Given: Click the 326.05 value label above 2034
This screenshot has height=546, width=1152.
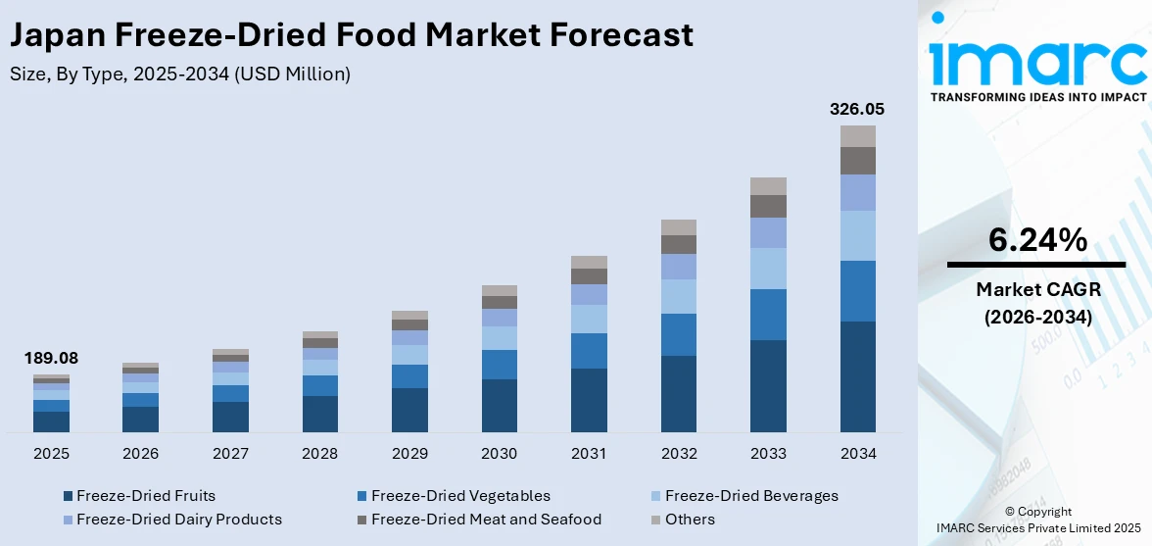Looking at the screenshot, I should [x=857, y=109].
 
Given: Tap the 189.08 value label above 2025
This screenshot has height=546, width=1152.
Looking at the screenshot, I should [x=51, y=359].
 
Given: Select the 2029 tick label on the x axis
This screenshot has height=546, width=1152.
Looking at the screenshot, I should [x=409, y=454].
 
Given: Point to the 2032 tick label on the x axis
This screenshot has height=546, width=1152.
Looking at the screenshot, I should [x=679, y=454].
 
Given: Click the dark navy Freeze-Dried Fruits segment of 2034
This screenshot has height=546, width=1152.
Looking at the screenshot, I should [x=858, y=376].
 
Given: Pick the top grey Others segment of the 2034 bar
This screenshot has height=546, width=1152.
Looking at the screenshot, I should [x=858, y=136].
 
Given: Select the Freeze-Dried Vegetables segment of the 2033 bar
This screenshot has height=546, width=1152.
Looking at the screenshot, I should [x=768, y=315].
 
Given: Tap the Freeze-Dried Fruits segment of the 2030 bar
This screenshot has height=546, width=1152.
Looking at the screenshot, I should [x=499, y=406].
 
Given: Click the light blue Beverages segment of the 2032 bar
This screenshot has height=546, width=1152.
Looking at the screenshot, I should [x=679, y=297].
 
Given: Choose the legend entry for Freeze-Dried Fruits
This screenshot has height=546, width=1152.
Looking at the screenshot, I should [x=138, y=496].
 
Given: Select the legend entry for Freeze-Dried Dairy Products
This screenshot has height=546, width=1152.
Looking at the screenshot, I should [x=171, y=520].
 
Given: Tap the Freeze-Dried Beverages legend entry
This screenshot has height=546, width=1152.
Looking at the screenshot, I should [x=744, y=496].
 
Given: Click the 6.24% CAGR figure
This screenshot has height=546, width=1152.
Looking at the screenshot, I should [x=1037, y=239].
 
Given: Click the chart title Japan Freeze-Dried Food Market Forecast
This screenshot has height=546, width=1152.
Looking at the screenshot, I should [x=352, y=35].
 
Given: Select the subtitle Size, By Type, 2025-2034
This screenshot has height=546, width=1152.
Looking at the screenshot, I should [x=179, y=74].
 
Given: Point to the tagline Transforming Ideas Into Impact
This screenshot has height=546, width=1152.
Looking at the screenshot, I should [x=1037, y=97].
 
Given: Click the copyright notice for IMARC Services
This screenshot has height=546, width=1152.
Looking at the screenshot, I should [x=1037, y=520].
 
